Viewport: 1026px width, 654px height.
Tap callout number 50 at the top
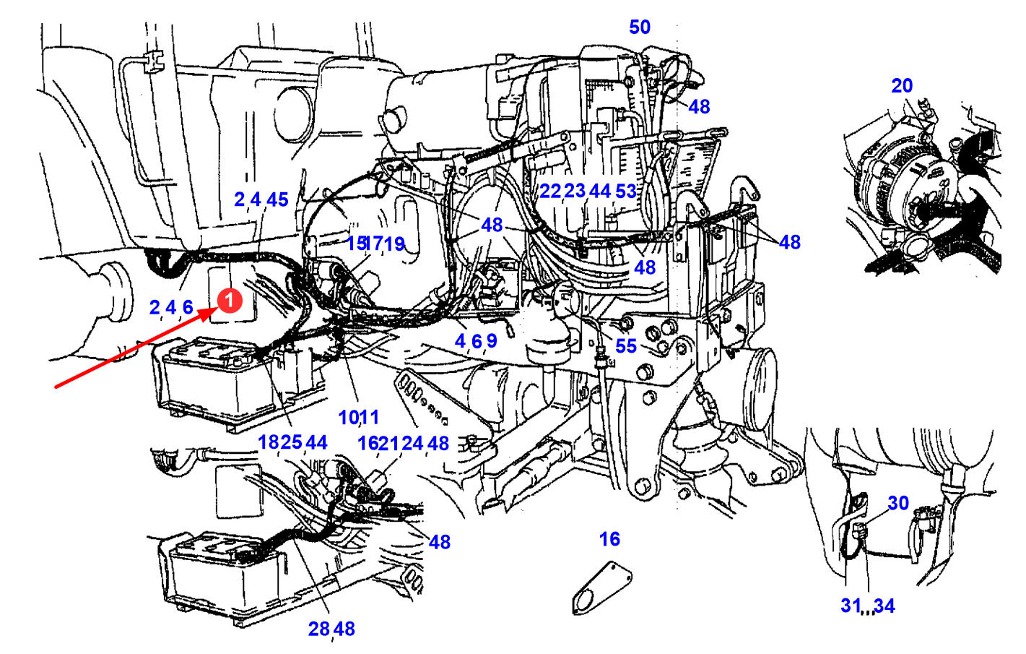pos(640,27)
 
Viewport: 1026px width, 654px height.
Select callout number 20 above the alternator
pos(902,86)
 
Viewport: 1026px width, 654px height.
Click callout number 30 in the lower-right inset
pos(898,503)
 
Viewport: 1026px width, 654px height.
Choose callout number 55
pos(626,346)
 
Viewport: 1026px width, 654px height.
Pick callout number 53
pos(626,192)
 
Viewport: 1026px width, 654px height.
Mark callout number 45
pos(277,200)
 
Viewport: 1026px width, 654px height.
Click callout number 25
pos(291,442)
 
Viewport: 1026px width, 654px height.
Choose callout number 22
pos(550,192)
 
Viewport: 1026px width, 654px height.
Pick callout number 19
pos(394,244)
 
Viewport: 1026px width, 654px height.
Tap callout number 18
pos(269,442)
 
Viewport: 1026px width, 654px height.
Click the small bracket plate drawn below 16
pos(601,590)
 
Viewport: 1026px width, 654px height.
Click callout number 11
pos(369,418)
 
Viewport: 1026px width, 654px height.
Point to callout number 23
pos(574,192)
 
